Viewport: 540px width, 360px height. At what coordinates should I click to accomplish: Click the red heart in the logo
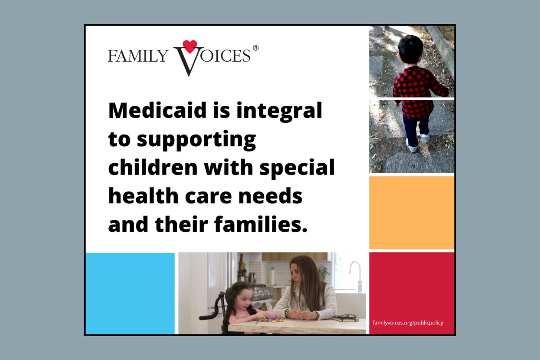point(190,46)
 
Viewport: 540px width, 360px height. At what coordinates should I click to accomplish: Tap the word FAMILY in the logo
point(138,56)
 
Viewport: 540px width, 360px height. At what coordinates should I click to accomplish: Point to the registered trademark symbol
point(256,48)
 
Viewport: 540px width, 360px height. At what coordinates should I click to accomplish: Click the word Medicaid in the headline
point(157,110)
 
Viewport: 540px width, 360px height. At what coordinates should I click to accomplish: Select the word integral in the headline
point(279,111)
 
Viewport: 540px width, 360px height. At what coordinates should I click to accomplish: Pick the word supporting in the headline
point(196,140)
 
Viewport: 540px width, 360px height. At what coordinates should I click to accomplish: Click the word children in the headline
point(153,167)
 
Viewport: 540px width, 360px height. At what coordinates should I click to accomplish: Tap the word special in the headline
point(297,168)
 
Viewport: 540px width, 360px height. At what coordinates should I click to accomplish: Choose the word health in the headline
point(143,196)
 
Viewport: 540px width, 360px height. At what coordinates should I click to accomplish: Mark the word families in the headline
point(261,224)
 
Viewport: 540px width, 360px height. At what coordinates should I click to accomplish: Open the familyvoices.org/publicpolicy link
point(408,323)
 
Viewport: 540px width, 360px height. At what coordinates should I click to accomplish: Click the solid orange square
point(411,213)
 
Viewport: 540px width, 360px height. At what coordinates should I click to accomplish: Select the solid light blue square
point(130,293)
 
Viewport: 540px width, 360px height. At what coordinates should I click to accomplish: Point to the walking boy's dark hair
point(410,49)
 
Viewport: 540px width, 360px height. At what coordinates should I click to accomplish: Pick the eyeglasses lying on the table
point(346,317)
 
